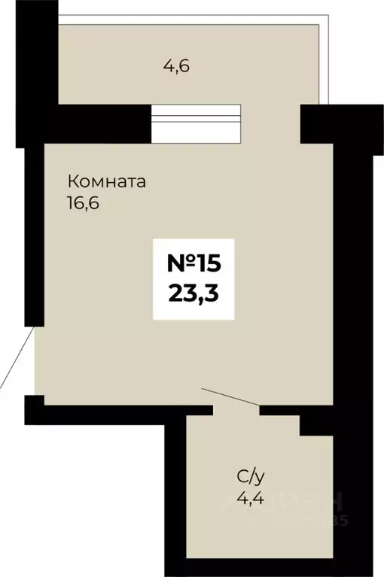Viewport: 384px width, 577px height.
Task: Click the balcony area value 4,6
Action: pos(176,65)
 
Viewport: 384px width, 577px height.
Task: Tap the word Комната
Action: pos(106,182)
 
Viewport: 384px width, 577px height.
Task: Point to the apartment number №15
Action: pos(194,264)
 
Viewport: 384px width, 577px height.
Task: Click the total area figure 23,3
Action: pos(194,293)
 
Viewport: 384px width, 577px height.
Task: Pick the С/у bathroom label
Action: pos(251,475)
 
